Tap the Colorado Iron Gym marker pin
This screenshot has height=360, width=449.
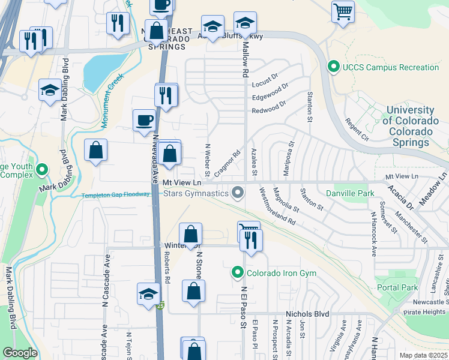(x=238, y=273)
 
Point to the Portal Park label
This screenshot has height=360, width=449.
(x=397, y=287)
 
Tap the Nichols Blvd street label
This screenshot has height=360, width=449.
(x=308, y=313)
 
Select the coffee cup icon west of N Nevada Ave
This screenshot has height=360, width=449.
(x=144, y=120)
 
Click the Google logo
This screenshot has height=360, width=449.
(x=20, y=353)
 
